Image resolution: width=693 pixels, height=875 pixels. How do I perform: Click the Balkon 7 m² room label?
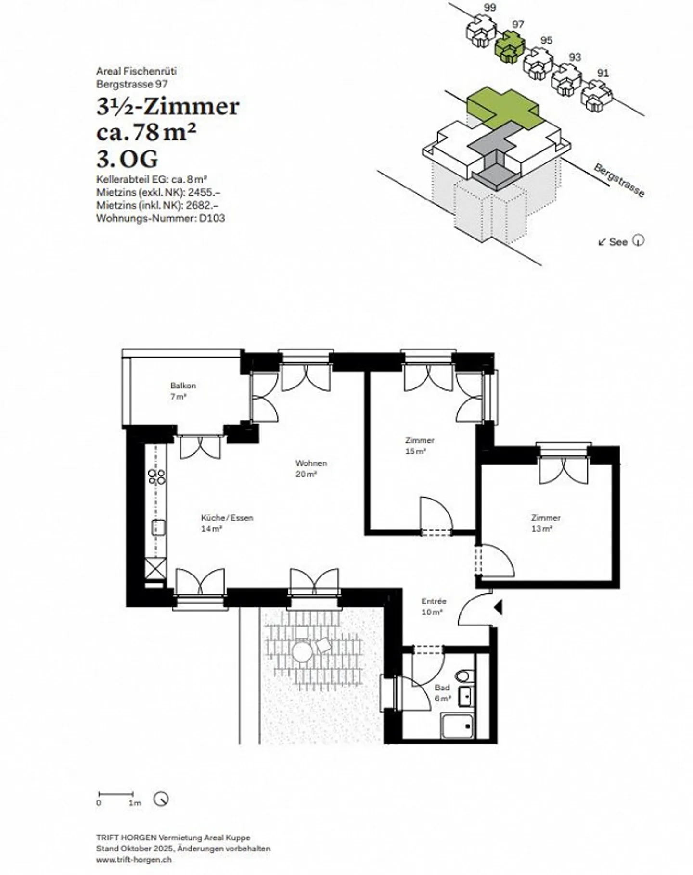click(x=183, y=391)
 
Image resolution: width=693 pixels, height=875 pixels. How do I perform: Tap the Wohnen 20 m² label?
click(x=311, y=468)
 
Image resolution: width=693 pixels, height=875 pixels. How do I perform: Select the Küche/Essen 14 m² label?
click(x=227, y=523)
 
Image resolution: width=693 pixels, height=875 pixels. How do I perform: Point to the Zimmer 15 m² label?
click(x=420, y=445)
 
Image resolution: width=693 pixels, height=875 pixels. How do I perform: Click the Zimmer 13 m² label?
click(x=546, y=523)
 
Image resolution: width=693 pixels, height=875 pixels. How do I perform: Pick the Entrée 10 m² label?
click(x=434, y=606)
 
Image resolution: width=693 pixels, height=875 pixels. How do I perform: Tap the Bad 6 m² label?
click(x=442, y=693)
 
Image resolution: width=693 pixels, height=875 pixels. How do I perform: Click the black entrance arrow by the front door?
click(x=498, y=608)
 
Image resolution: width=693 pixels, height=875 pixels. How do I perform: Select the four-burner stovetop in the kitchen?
click(x=157, y=477)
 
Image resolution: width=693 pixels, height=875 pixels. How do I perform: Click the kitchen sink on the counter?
click(x=158, y=527)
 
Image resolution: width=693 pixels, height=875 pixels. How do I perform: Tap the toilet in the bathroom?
click(x=464, y=676)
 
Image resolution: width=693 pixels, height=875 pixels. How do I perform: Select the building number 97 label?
click(x=518, y=24)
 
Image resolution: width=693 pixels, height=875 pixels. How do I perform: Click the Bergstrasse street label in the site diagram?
click(x=619, y=180)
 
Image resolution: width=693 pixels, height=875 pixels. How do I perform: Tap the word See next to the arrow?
click(x=618, y=242)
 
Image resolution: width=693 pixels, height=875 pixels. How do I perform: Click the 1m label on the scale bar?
click(x=135, y=803)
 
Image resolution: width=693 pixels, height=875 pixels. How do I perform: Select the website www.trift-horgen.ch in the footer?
click(x=133, y=860)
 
